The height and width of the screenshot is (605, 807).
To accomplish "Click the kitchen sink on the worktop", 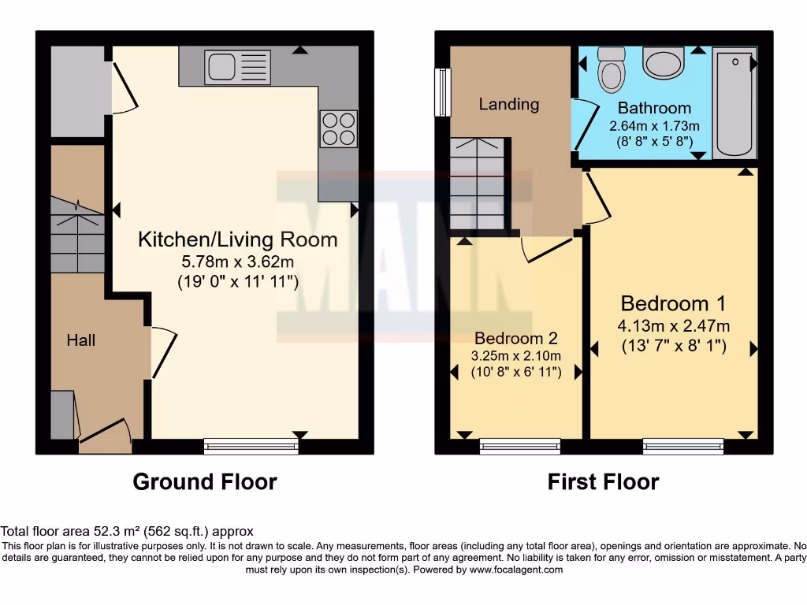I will coord(236,67).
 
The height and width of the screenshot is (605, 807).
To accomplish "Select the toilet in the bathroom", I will coord(611,71).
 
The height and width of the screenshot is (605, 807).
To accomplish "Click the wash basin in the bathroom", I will coord(663,62).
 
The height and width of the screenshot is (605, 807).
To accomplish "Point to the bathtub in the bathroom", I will coord(734,102).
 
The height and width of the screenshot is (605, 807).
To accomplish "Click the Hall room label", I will coord(80,340).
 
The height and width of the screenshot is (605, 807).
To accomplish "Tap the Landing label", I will coord(509,104).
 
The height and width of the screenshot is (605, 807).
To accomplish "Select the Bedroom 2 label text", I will coord(515,339).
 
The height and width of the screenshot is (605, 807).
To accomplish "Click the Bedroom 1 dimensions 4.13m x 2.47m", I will coord(673,326).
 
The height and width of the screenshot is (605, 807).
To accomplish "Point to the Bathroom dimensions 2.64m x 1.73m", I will coord(654,126).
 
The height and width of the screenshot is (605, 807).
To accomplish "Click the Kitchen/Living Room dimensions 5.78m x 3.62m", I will coord(237,261).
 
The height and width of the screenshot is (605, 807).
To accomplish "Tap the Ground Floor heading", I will coord(205,481).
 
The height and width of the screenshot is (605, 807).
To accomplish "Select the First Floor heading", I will coord(603,481).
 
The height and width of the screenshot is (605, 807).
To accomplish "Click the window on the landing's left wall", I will coord(444,92).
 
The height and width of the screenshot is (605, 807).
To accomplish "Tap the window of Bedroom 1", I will coord(683,447).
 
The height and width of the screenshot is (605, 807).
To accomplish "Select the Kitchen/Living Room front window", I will coord(251,447).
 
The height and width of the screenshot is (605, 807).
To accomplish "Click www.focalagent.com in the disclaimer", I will coord(515,570).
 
